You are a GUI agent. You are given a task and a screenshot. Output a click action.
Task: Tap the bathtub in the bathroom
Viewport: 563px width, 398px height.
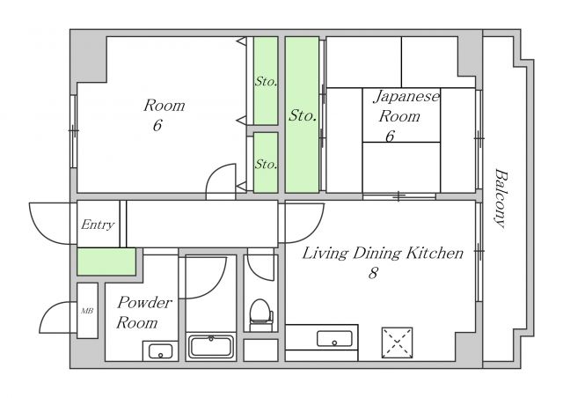pos(211,346)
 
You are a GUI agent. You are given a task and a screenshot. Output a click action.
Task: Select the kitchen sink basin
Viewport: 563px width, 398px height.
pos(334,339)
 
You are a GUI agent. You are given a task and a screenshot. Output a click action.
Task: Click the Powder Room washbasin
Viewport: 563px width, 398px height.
pos(160,351)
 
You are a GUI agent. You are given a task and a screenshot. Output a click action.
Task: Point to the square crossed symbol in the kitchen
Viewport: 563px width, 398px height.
pos(397,343)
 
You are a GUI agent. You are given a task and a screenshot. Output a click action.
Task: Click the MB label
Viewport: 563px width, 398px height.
pos(87,311)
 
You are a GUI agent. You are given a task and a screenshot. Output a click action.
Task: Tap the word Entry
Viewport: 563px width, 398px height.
pos(98,225)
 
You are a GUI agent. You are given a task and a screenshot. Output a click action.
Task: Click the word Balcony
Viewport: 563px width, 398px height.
pos(501,198)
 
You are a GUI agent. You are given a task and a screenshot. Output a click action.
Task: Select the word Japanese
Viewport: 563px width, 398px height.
pos(406,96)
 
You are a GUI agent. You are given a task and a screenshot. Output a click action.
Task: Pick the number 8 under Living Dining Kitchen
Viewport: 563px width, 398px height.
pos(373,273)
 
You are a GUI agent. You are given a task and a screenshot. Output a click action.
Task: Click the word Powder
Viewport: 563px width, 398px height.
pos(144,302)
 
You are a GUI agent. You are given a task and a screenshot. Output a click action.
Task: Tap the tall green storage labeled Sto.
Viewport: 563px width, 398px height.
pos(302,114)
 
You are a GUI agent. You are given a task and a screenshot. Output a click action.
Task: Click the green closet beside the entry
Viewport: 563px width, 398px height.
pos(106,262)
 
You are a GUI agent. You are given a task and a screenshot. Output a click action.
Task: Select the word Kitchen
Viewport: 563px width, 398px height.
pos(435,253)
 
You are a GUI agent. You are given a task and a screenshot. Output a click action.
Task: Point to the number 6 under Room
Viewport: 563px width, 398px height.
pos(157,125)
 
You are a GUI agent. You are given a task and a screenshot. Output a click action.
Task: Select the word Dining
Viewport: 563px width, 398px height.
pos(377,254)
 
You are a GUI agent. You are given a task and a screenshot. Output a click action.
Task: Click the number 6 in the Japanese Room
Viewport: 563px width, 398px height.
pos(390,136)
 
